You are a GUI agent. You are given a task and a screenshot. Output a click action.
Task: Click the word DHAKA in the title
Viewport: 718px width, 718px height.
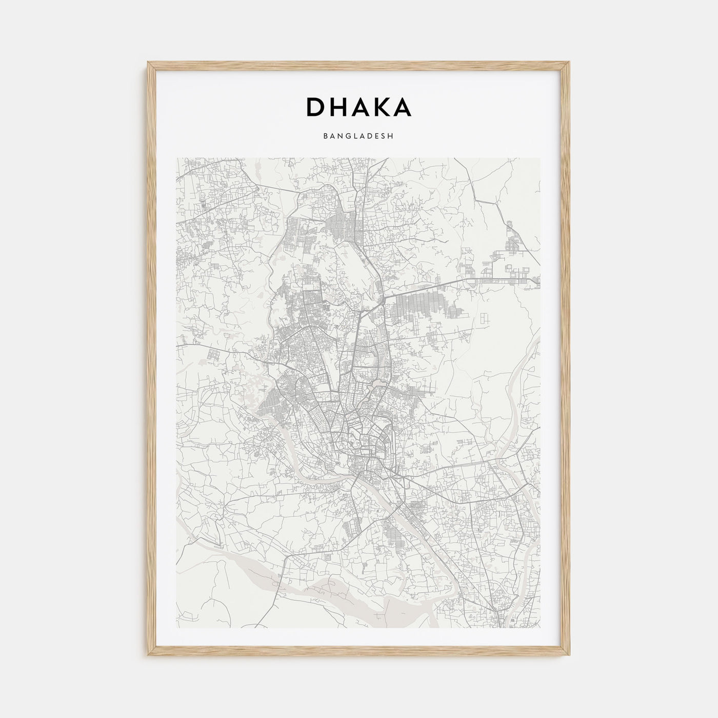358,107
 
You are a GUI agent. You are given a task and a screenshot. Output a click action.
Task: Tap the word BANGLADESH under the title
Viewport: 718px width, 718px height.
358,136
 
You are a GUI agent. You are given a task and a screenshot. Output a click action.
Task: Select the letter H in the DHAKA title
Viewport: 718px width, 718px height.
336,107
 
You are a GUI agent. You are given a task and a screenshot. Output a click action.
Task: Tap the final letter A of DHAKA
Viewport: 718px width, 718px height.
403,107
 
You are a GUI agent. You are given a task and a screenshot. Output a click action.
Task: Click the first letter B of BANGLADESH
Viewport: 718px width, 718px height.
326,136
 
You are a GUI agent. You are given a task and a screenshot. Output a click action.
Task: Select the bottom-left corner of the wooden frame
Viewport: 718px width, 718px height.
148,655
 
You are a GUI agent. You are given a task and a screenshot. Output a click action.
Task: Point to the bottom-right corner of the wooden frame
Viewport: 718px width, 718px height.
569,655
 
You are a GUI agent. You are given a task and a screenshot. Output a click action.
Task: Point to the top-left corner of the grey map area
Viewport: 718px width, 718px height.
177,158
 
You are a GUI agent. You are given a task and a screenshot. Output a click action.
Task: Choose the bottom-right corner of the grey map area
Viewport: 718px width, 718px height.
540,627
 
